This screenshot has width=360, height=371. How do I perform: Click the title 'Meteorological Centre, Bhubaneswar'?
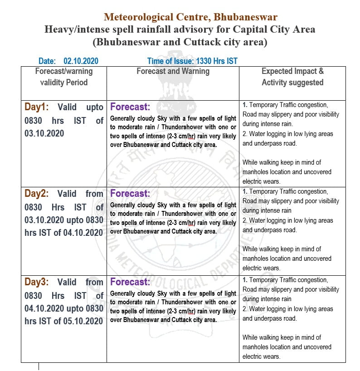point(190,17)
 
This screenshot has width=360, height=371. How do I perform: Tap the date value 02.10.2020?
point(81,61)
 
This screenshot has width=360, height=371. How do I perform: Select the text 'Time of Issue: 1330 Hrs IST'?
point(192,61)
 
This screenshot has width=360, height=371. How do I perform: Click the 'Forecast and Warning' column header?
point(173,71)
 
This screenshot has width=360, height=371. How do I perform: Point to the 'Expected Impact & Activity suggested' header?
point(292,77)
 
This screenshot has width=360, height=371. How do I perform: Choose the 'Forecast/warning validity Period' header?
point(64,77)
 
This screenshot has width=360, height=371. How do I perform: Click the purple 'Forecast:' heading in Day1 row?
point(130,107)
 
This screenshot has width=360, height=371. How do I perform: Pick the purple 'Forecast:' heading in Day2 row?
point(130,194)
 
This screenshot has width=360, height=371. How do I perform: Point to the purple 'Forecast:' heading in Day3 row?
point(130,282)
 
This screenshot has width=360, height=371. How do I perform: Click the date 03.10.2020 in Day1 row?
point(44,133)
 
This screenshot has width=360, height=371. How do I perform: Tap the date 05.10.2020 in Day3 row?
point(84,321)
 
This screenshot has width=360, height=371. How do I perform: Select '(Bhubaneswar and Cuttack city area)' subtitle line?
point(180,42)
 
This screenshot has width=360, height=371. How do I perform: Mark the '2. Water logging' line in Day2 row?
point(287,220)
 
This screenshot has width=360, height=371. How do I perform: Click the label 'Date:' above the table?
point(47,61)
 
